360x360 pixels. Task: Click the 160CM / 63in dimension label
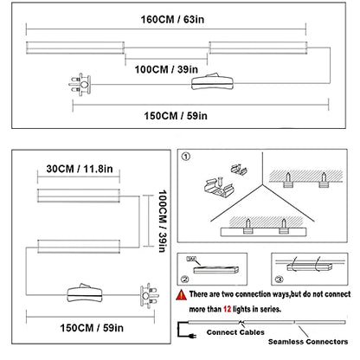pyautogui.click(x=172, y=20)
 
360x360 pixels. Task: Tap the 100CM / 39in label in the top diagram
pyautogui.click(x=166, y=69)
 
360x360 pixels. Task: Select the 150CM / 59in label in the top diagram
pyautogui.click(x=176, y=116)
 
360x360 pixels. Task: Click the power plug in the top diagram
pyautogui.click(x=80, y=85)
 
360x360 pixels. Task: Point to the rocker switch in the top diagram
pyautogui.click(x=212, y=81)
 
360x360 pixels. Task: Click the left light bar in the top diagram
pyautogui.click(x=75, y=48)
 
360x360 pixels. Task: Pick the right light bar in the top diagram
pyautogui.click(x=258, y=48)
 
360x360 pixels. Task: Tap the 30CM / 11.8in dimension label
pyautogui.click(x=80, y=169)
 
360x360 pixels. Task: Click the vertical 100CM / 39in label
pyautogui.click(x=163, y=221)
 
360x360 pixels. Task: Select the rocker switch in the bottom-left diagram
pyautogui.click(x=85, y=292)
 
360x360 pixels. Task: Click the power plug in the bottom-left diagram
pyautogui.click(x=149, y=296)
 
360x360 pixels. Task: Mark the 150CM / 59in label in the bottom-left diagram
pyautogui.click(x=92, y=328)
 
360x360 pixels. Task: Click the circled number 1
pyautogui.click(x=186, y=157)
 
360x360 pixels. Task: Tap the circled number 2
pyautogui.click(x=185, y=279)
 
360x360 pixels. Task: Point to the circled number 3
pyautogui.click(x=279, y=279)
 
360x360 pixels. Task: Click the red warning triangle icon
pyautogui.click(x=182, y=295)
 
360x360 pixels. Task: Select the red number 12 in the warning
pyautogui.click(x=227, y=309)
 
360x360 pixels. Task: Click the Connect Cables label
pyautogui.click(x=235, y=332)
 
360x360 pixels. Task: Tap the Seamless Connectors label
pyautogui.click(x=308, y=342)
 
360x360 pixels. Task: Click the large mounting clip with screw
pyautogui.click(x=216, y=188)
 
